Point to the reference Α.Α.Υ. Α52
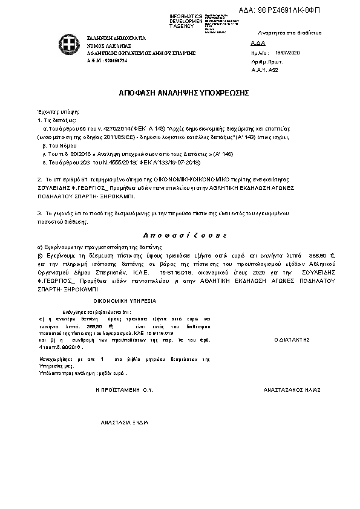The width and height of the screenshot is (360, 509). point(261,70)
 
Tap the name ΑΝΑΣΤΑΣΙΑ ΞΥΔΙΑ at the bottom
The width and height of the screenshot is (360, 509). point(124,422)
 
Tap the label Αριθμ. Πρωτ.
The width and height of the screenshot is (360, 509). point(263,62)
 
